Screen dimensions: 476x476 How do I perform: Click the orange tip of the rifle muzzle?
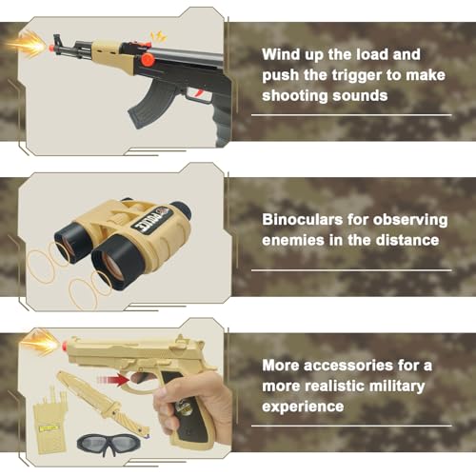(x=50, y=48)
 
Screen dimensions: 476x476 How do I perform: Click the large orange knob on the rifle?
(x=148, y=60)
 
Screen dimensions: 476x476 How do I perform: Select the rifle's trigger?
(x=199, y=93)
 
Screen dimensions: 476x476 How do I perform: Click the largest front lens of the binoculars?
(x=115, y=264)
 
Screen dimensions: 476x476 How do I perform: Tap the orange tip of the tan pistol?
(x=66, y=345)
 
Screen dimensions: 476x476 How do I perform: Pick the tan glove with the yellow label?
(x=50, y=419)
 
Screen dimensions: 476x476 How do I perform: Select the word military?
(x=397, y=387)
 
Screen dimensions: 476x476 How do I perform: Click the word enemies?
(x=293, y=240)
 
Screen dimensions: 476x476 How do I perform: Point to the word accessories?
(x=348, y=366)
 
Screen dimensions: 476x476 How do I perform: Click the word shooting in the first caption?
(x=292, y=96)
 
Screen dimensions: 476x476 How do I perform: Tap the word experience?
(x=303, y=407)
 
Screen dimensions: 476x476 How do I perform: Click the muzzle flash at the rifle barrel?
(x=26, y=46)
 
